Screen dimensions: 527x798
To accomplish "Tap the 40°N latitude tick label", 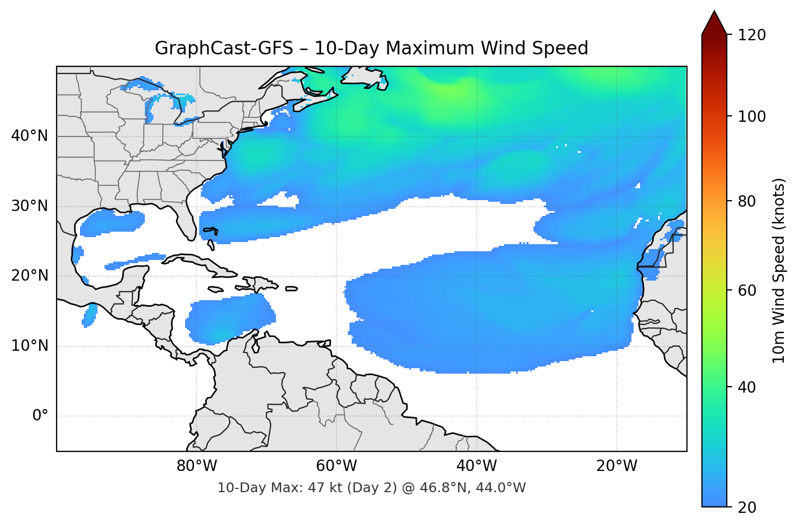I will tap(29, 136).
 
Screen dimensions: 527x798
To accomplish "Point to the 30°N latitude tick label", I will tap(29, 206).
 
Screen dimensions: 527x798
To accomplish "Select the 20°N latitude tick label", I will tap(29, 276).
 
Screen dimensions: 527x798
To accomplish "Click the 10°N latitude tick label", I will tap(29, 346).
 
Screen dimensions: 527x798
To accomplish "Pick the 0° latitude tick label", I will tap(40, 416).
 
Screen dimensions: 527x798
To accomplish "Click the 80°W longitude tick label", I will tap(197, 466).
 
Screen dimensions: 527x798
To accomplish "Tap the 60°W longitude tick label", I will tap(336, 466).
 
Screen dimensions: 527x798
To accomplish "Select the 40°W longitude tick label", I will tap(476, 466).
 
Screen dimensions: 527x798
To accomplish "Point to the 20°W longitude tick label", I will tap(616, 466).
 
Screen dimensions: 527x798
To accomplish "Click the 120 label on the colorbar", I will tap(752, 35).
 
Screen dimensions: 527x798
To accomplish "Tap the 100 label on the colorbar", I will tap(752, 116).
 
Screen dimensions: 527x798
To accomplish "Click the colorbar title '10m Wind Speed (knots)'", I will tap(779, 270).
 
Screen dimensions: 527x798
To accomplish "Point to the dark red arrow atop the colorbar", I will tap(714, 23).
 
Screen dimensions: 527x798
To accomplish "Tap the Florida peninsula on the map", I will tap(187, 220).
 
